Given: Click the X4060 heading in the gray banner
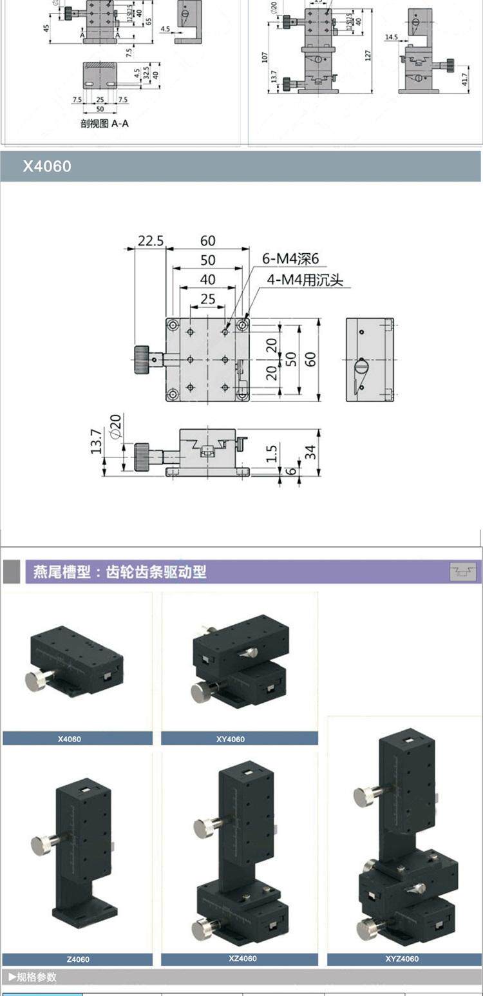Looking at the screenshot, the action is [47, 166].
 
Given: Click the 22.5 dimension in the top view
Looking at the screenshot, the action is [150, 241].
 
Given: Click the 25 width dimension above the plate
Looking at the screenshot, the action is [207, 298].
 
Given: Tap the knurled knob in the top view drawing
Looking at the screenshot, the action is [142, 359].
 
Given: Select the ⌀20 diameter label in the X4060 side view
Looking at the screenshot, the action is [117, 426].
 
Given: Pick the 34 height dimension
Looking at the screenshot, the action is [311, 452].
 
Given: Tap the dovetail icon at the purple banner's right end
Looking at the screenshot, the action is [462, 571].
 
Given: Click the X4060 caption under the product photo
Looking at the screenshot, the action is [69, 739].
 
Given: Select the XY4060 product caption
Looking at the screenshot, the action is [230, 739].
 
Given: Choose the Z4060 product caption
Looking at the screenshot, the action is [77, 959].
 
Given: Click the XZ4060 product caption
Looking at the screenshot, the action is [242, 959].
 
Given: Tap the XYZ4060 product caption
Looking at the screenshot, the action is [402, 959].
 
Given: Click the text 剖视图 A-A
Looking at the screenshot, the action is [104, 123].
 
